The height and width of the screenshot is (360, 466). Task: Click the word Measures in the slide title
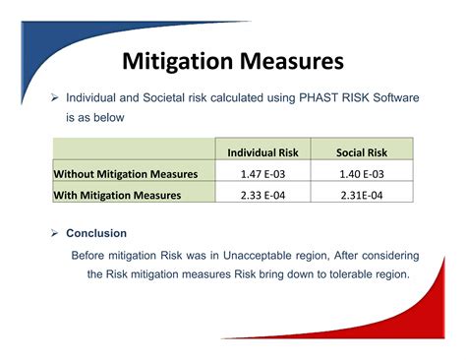pos(292,62)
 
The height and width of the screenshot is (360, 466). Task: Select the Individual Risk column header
pos(262,152)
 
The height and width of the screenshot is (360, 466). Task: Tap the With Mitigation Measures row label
pos(117,195)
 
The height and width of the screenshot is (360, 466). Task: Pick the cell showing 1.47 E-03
pos(262,174)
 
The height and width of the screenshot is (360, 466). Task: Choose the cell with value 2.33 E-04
pos(262,195)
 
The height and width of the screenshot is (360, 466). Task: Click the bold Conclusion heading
pos(96,233)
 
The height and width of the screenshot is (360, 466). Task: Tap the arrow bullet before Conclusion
pos(56,233)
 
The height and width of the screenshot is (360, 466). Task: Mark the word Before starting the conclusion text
pos(90,255)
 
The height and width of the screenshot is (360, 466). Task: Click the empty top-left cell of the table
pos(134,152)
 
